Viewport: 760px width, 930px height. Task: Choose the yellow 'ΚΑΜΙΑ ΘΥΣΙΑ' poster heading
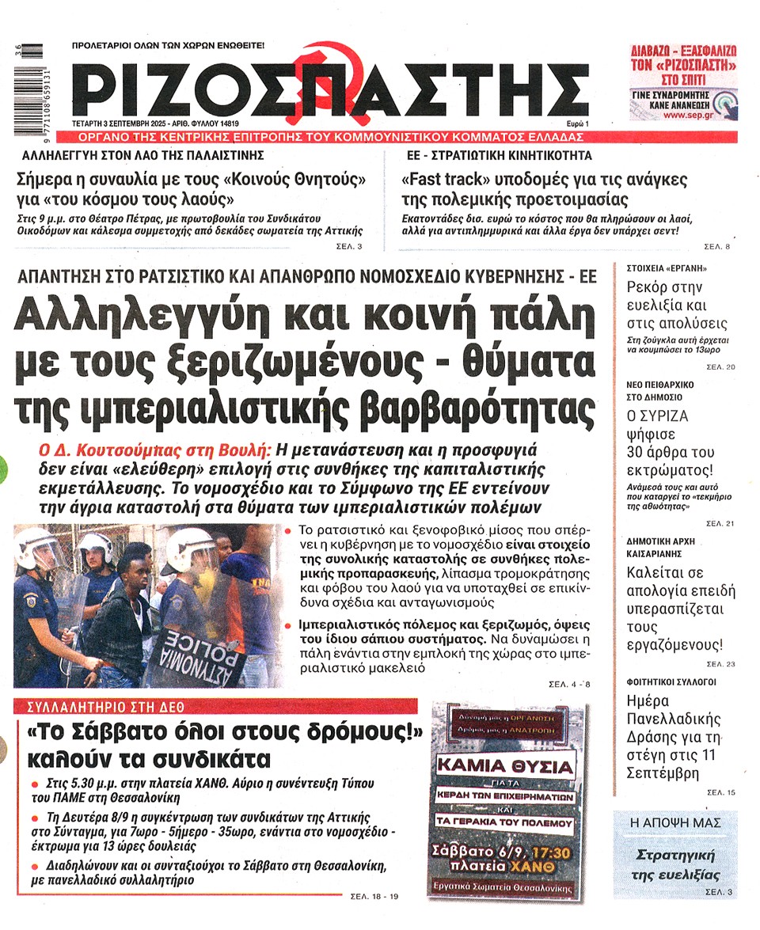click(x=506, y=767)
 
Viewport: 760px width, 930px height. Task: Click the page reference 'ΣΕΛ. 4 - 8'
click(x=569, y=683)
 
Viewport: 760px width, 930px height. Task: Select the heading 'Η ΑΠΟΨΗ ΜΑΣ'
click(x=674, y=823)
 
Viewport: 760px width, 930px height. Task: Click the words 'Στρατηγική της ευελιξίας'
click(x=674, y=865)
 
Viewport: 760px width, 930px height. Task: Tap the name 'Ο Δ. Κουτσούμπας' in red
click(x=155, y=449)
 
